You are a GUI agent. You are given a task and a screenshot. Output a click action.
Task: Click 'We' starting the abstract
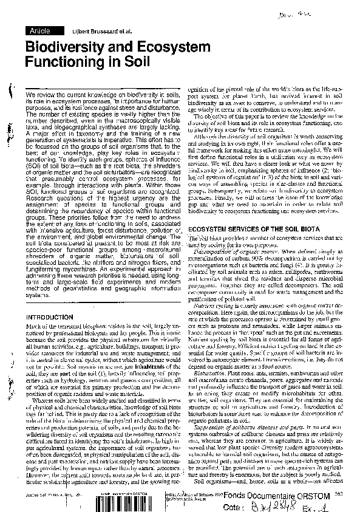click(x=30, y=96)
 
